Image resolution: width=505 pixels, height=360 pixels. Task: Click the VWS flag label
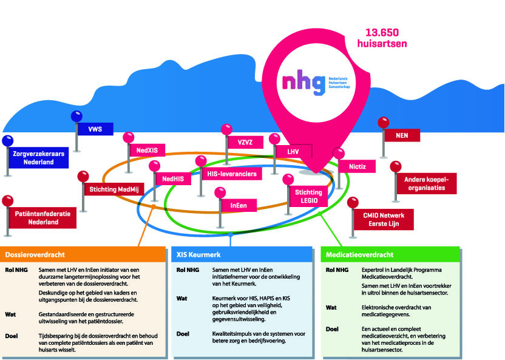coord(95,129)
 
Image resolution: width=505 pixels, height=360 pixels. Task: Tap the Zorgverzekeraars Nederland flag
coord(38,158)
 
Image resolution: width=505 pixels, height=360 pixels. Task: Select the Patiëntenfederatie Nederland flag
coord(42,217)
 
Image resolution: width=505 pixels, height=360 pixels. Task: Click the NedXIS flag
coord(146,149)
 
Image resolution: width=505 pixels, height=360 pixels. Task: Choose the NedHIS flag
coord(173,178)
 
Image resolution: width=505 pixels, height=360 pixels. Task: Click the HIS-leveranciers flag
coord(231,174)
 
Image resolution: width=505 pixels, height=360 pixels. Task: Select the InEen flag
coord(239,206)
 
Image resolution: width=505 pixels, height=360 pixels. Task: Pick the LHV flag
coord(293,150)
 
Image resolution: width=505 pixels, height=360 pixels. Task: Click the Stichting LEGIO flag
coord(308,195)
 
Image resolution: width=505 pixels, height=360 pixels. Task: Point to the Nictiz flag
coord(357,166)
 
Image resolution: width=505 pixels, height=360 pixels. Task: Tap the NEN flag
coord(401,135)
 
